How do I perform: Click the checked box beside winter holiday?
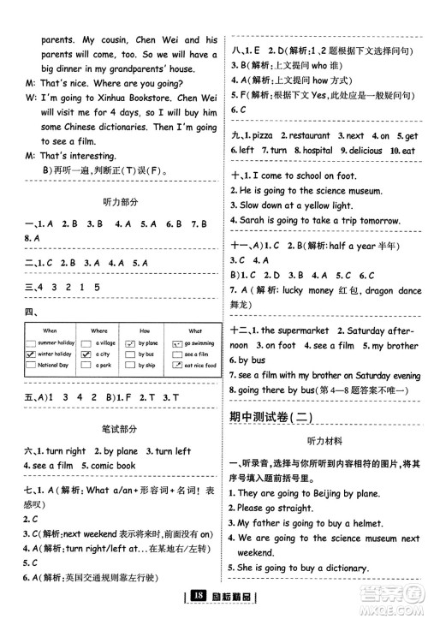tap(32, 354)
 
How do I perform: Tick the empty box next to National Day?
tap(32, 366)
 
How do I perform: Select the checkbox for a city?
tap(84, 354)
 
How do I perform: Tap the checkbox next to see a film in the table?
tap(177, 354)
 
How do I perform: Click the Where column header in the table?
tap(99, 330)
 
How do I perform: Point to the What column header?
tap(195, 330)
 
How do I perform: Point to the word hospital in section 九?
tap(316, 150)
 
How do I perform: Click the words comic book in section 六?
tap(114, 466)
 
